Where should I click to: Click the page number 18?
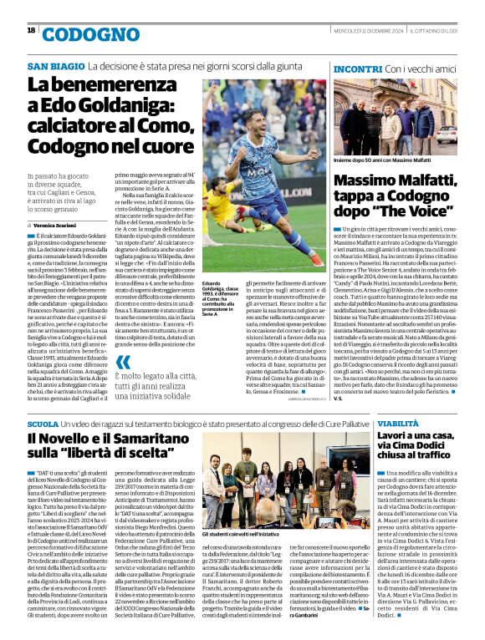[x=31, y=30]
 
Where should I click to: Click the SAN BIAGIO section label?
[x=56, y=66]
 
